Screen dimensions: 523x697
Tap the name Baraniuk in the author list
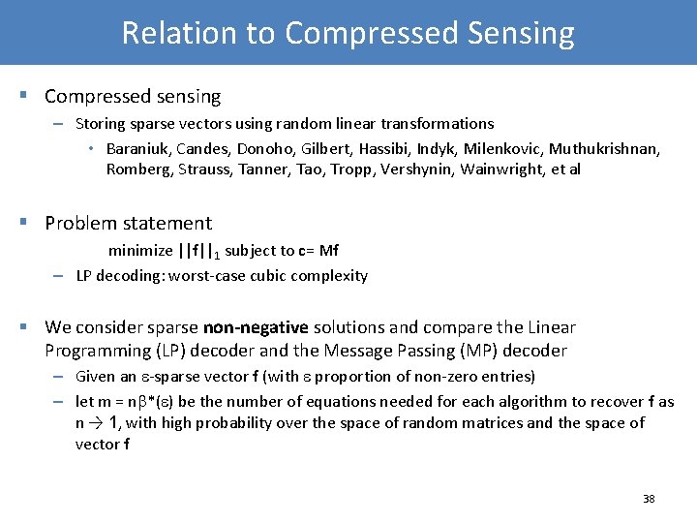pos(139,148)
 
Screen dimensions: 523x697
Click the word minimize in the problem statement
pos(140,250)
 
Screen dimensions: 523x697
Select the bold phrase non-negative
pos(256,327)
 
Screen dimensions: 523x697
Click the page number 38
pos(649,499)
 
